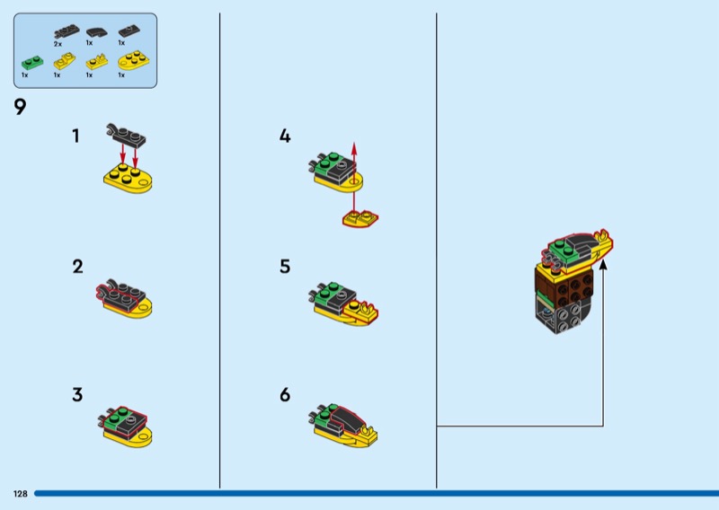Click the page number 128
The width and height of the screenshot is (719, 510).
coord(20,494)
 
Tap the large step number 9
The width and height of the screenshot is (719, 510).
coord(20,107)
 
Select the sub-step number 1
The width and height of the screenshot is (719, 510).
coord(75,136)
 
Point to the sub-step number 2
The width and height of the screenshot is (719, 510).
coord(77,267)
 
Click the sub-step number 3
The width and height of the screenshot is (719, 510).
coord(77,394)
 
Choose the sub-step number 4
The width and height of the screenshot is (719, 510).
coord(285,136)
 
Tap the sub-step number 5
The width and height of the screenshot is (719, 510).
coord(285,267)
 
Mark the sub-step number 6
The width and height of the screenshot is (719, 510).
coord(285,394)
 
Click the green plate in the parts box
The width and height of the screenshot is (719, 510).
coord(32,62)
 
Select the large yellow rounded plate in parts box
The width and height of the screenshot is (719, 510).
coord(133,59)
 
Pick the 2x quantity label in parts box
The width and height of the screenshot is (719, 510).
coord(58,44)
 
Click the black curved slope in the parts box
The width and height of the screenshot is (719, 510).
coord(97,32)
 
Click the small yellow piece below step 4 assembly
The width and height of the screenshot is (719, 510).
coord(360,219)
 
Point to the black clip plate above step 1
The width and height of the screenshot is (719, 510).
coord(126,135)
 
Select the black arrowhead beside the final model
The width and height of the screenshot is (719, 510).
coord(603,264)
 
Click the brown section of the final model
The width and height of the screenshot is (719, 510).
coord(565,287)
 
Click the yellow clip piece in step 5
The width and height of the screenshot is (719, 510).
coord(362,312)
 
